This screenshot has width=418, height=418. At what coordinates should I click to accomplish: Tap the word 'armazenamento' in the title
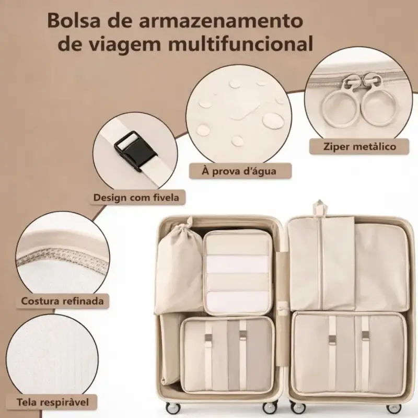pyautogui.click(x=221, y=20)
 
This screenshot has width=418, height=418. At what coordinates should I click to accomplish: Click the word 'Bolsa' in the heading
pyautogui.click(x=74, y=20)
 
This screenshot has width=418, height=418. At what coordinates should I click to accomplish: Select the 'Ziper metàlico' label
pyautogui.click(x=359, y=146)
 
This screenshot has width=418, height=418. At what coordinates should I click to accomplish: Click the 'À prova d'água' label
pyautogui.click(x=239, y=171)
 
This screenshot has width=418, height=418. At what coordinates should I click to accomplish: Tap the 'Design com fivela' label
pyautogui.click(x=136, y=198)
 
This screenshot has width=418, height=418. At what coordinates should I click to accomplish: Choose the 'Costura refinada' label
pyautogui.click(x=62, y=301)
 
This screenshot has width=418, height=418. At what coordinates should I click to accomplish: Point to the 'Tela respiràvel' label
pyautogui.click(x=53, y=402)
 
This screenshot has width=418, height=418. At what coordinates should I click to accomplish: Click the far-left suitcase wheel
pyautogui.click(x=172, y=408)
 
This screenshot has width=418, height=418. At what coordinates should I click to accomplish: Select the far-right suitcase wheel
pyautogui.click(x=394, y=408)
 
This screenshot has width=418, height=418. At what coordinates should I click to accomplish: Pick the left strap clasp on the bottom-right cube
pyautogui.click(x=332, y=339)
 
